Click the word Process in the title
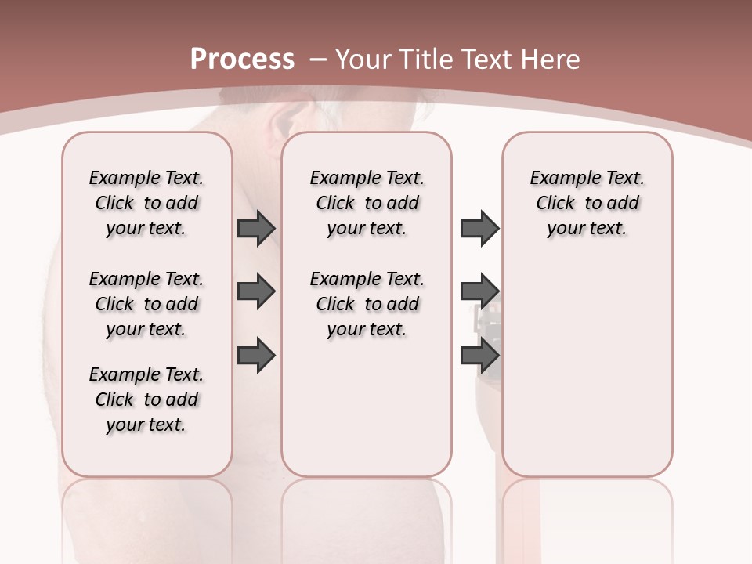[x=242, y=59]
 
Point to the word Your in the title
[x=364, y=59]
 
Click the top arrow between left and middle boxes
[x=255, y=229]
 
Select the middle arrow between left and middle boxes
[x=255, y=291]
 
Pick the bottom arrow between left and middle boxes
[x=255, y=355]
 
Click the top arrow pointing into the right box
[x=479, y=229]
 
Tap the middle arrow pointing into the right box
[x=479, y=291]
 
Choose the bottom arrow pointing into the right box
[x=479, y=355]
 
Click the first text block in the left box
[x=146, y=203]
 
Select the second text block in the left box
[x=146, y=304]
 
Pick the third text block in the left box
[x=146, y=399]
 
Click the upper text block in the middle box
[x=367, y=203]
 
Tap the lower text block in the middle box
[x=367, y=304]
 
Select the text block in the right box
[x=587, y=203]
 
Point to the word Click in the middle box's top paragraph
[x=335, y=204]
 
